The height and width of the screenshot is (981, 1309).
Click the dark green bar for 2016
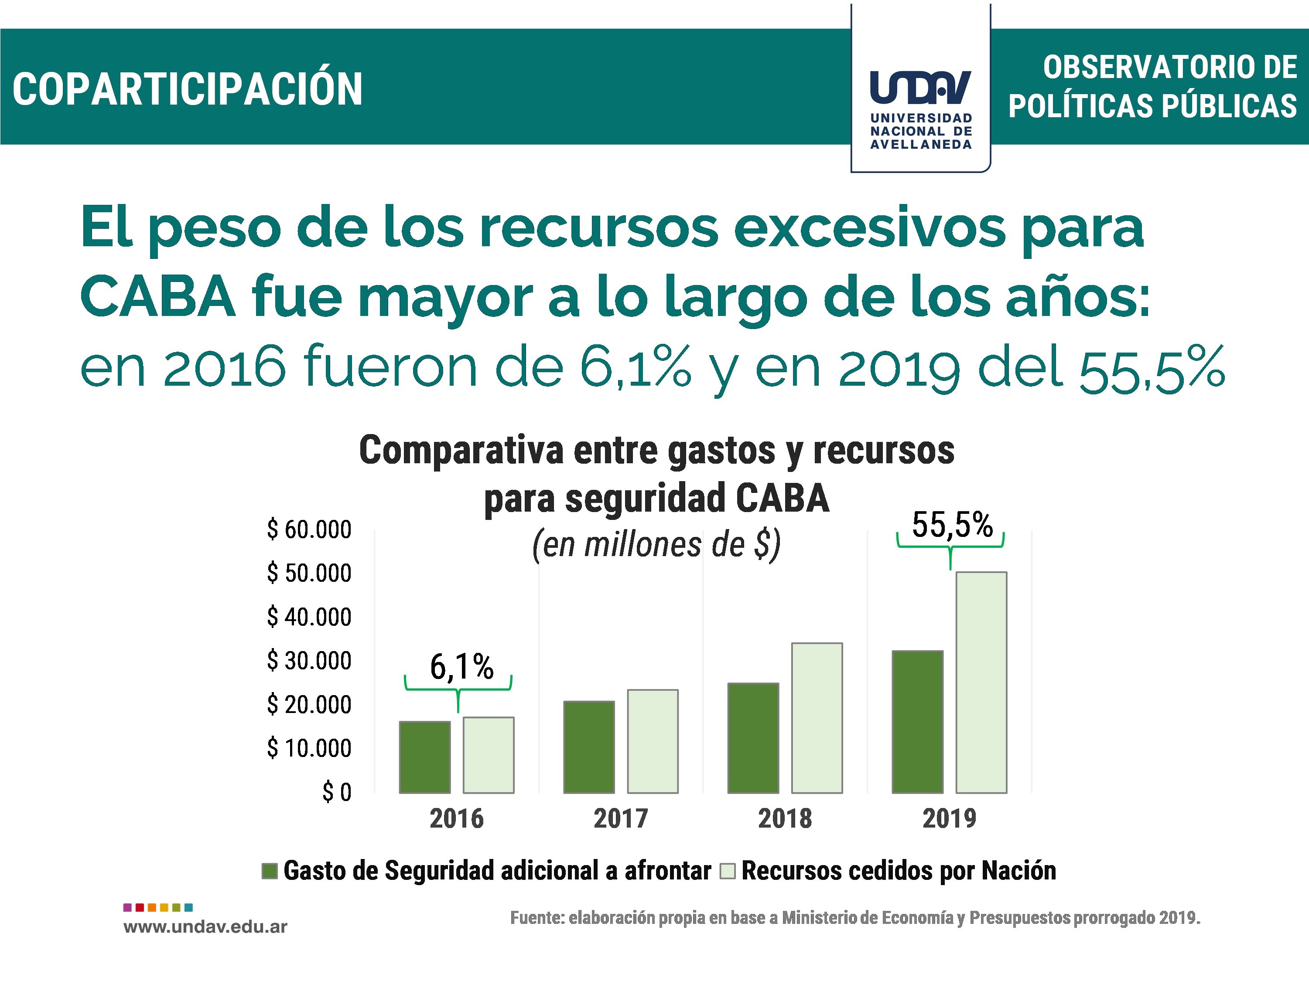pos(425,757)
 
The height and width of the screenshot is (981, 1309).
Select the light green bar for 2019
pos(981,682)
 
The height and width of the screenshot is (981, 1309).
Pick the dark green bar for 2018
pos(753,738)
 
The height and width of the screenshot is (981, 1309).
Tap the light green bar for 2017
pos(653,741)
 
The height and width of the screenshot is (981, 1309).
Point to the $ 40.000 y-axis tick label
pos(309,617)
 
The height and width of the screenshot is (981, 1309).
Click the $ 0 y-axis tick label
pos(337,792)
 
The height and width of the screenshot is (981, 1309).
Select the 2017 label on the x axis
pos(621,818)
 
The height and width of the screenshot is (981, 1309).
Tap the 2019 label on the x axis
pos(949,818)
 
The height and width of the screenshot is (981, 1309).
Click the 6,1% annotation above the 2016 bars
pos(461,667)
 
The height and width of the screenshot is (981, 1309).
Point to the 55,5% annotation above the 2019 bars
pos(952,525)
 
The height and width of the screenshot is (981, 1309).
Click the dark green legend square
pos(270,871)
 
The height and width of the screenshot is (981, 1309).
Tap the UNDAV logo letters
pos(920,87)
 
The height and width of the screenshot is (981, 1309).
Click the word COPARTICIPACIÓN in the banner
pos(188,89)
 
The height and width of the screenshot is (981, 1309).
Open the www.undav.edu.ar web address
pos(205,927)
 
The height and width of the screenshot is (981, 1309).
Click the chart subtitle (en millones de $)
pos(656,545)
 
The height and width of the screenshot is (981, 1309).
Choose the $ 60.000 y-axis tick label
pos(309,529)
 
